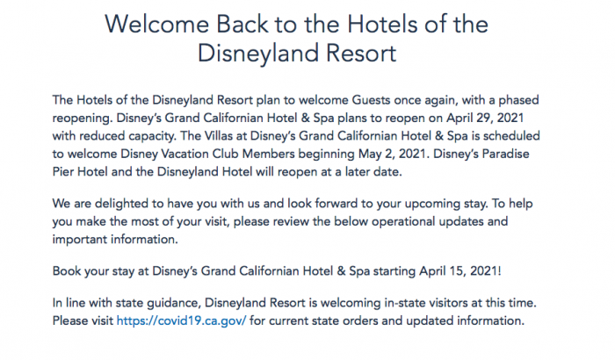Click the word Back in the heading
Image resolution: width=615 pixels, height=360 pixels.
point(242,24)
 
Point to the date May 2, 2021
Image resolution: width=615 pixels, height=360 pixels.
point(392,154)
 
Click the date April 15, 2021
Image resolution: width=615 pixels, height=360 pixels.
point(459,271)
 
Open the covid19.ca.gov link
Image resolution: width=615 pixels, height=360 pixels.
point(181,320)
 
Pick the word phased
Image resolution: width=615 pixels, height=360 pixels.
point(518,100)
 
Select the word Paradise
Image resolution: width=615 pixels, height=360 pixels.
point(505,154)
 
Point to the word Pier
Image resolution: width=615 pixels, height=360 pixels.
point(63,172)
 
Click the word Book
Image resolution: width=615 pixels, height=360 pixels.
point(67,271)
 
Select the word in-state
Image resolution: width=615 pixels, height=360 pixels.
point(391,303)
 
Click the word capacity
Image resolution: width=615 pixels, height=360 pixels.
point(153,136)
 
